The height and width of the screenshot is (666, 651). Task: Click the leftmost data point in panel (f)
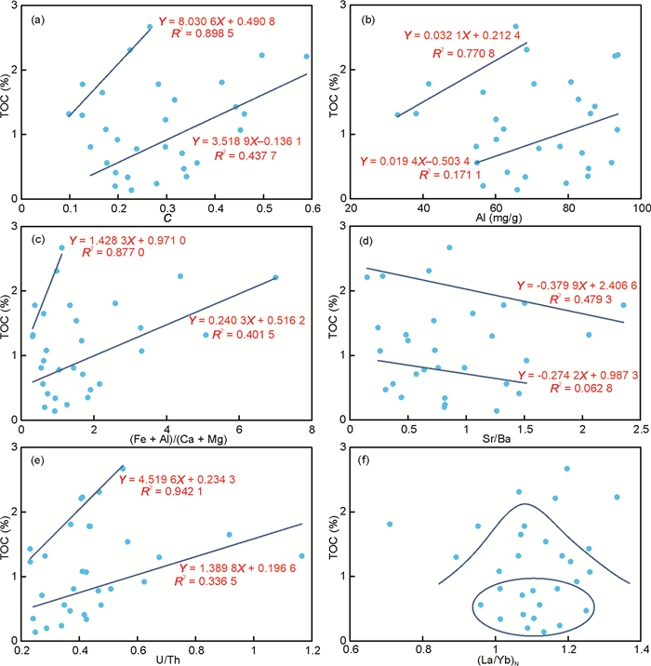390,524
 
